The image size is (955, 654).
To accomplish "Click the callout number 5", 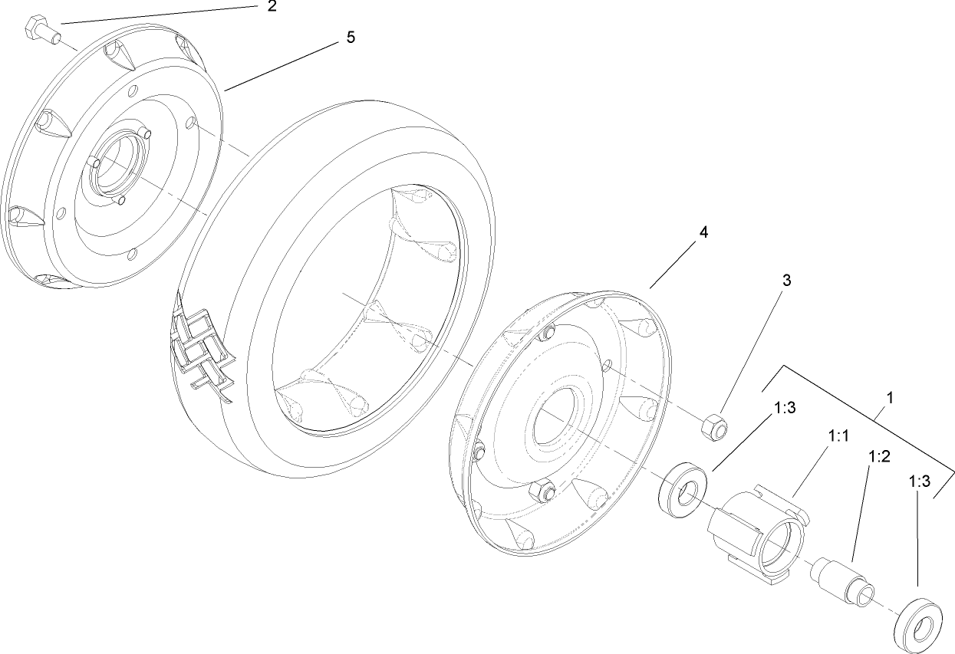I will [x=351, y=38].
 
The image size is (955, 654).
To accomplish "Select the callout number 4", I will [x=703, y=232].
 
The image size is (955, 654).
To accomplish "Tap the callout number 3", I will [x=786, y=280].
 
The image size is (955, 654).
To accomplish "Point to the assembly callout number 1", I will [x=889, y=399].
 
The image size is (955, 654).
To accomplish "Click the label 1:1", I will [x=838, y=435].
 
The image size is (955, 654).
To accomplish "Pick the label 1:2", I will [x=878, y=457].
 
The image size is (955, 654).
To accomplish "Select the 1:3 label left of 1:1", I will [x=785, y=409].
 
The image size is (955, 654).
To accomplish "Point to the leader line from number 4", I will [x=676, y=260].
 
